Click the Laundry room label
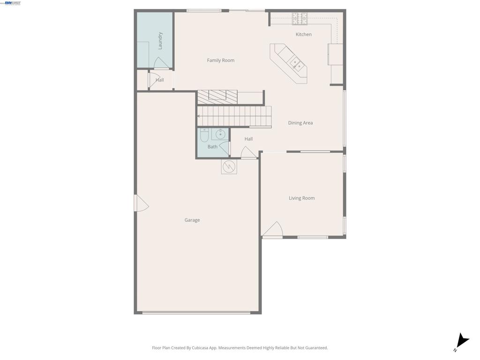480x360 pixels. [160, 41]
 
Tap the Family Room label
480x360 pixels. [221, 60]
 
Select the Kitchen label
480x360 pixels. [304, 35]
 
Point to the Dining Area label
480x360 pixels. [300, 123]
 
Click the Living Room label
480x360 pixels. [302, 198]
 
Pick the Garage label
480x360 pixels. [192, 220]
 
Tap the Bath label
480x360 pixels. [212, 147]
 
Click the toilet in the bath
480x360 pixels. [204, 135]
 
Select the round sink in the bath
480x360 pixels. [220, 135]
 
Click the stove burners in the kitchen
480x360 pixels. [300, 19]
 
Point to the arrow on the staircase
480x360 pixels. [199, 116]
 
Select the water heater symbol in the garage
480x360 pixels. [229, 167]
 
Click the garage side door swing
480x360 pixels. [142, 203]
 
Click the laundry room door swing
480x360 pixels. [161, 63]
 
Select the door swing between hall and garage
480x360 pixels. [248, 153]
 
